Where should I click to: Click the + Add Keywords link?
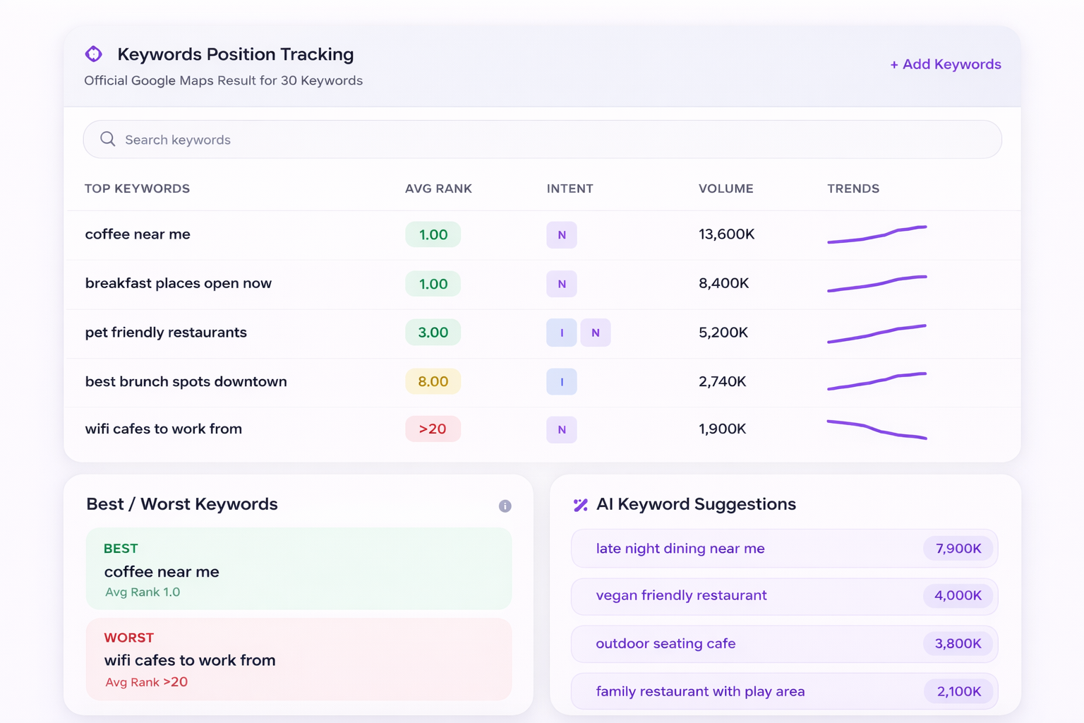click(x=945, y=64)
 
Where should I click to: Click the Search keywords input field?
click(x=550, y=140)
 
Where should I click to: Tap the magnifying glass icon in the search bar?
click(x=107, y=139)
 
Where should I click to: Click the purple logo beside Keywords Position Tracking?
click(x=94, y=54)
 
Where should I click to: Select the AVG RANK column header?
click(x=438, y=189)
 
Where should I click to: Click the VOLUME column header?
click(x=725, y=189)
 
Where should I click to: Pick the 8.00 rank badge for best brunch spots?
click(x=433, y=381)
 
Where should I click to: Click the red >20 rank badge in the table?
click(x=433, y=429)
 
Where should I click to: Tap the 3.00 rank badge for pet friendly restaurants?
click(x=433, y=333)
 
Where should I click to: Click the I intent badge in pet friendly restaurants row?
click(x=562, y=333)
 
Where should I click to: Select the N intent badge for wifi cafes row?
click(x=562, y=429)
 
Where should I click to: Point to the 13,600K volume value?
click(x=726, y=234)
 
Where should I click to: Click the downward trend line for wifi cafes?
click(x=877, y=429)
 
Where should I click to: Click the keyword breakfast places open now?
click(x=178, y=283)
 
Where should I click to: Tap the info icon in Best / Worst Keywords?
click(x=505, y=506)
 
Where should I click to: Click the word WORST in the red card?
click(x=128, y=638)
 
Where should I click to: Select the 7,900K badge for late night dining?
click(x=958, y=549)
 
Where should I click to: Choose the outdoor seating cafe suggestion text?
click(x=666, y=643)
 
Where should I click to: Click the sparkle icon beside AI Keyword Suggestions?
click(x=580, y=505)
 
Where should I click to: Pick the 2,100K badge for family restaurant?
click(x=958, y=691)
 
